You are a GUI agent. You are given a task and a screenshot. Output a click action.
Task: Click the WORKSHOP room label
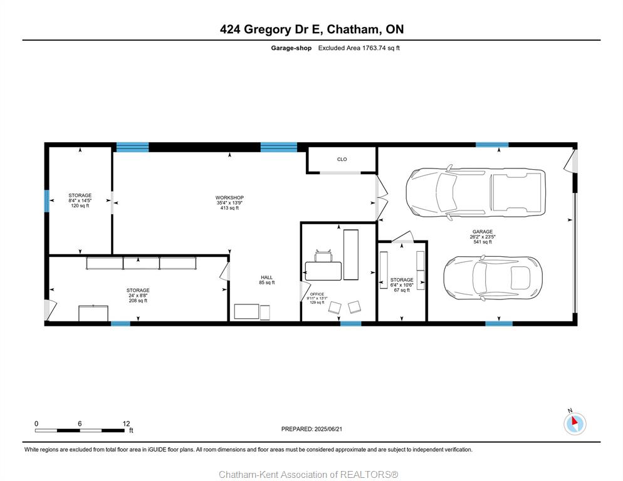click(229, 197)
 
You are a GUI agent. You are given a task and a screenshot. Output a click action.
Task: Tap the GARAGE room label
click(483, 232)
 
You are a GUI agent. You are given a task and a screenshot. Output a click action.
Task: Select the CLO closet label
click(342, 159)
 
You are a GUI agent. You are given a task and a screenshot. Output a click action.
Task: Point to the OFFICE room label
click(317, 294)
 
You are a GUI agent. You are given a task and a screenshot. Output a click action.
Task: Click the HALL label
click(266, 277)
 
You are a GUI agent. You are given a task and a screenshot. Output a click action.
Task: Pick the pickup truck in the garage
click(476, 193)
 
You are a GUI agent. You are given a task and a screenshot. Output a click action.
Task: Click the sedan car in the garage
click(492, 277)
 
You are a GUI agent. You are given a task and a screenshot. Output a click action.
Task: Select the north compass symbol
click(575, 422)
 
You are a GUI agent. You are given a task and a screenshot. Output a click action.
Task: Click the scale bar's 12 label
click(127, 424)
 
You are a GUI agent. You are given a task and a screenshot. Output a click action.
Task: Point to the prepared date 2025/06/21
click(328, 429)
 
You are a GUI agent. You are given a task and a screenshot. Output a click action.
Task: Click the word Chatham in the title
click(352, 29)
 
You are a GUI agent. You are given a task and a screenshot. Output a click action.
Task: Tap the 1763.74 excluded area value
click(374, 48)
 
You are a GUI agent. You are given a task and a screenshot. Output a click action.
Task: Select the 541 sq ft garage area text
click(483, 242)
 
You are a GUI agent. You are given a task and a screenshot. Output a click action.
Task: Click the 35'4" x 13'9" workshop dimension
click(229, 202)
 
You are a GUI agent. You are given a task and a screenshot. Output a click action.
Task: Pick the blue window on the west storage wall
click(46, 201)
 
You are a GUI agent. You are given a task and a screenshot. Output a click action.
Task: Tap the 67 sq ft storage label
click(402, 291)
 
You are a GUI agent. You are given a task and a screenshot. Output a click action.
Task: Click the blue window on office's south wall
click(351, 323)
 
